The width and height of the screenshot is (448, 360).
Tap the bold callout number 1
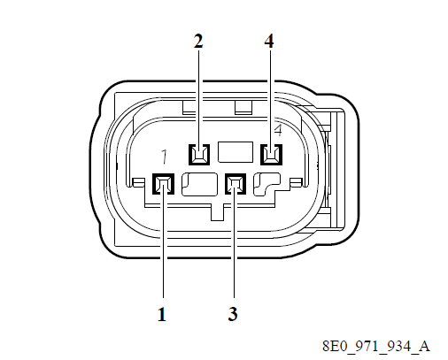(163, 313)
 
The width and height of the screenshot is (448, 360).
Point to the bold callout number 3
(235, 313)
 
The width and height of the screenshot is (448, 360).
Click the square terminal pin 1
(163, 185)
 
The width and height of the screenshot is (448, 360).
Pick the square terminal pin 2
(198, 155)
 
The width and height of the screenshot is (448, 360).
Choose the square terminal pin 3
(235, 185)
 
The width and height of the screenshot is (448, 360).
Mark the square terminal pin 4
(270, 155)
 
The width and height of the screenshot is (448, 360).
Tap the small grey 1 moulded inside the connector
(165, 157)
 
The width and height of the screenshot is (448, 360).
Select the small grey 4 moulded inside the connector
(278, 131)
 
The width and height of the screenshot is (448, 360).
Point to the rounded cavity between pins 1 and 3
(199, 185)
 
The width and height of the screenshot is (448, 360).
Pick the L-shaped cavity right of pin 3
(266, 184)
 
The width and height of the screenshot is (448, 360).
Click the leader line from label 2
(198, 97)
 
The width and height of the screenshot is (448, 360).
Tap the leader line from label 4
(269, 97)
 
